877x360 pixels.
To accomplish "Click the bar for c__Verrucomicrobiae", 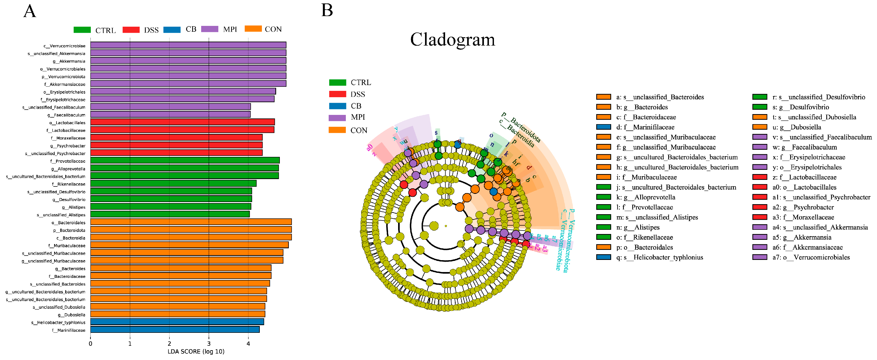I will pyautogui.click(x=188, y=45).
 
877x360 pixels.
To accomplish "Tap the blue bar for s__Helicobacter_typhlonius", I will pyautogui.click(x=177, y=322).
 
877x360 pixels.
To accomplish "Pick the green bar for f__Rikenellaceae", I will pyautogui.click(x=173, y=184).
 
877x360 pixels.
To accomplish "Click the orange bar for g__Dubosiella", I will pyautogui.click(x=177, y=314).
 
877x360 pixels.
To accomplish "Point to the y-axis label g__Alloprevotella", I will pyautogui.click(x=68, y=169).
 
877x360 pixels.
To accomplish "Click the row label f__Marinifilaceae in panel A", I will pyautogui.click(x=68, y=330).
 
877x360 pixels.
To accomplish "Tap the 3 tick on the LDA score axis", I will pyautogui.click(x=209, y=344).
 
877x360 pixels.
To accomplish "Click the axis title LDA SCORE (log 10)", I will pyautogui.click(x=196, y=352).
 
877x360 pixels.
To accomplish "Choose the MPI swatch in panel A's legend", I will pyautogui.click(x=209, y=29).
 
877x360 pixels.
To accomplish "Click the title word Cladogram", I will pyautogui.click(x=452, y=40).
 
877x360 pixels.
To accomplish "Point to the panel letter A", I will pyautogui.click(x=30, y=11).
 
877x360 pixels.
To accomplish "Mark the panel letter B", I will pyautogui.click(x=327, y=10).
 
